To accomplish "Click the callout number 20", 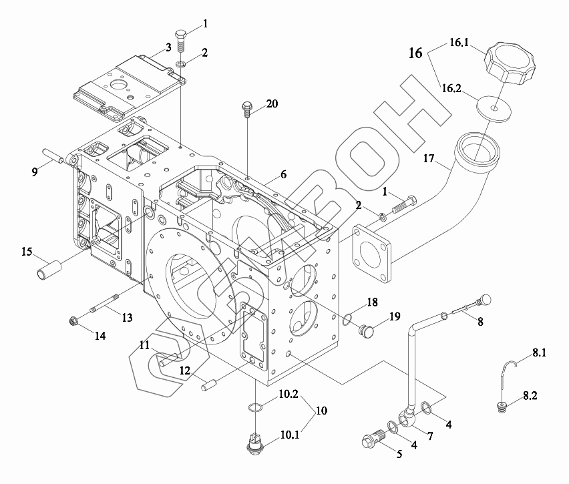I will tap(272, 103).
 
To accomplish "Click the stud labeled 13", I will tap(104, 310).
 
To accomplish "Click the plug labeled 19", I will tap(366, 329).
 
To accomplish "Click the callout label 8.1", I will tap(539, 354).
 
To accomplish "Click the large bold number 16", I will tap(415, 53).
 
